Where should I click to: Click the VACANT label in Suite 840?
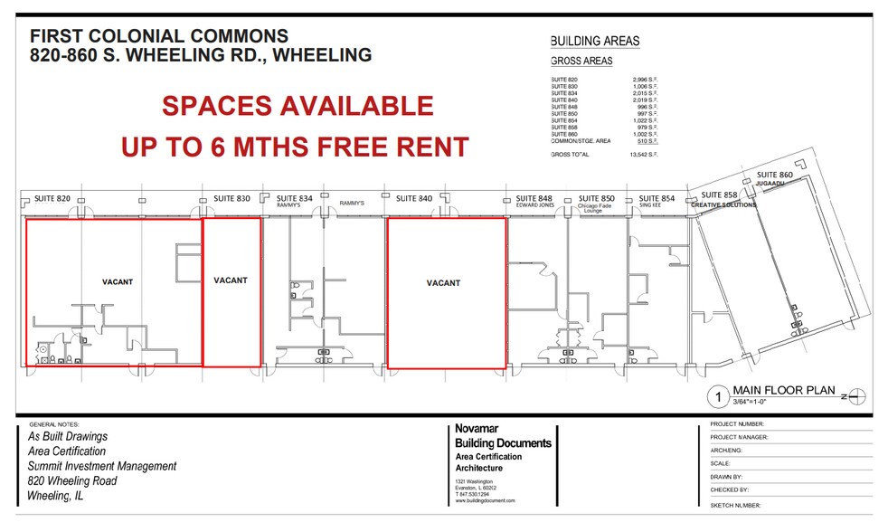[443, 283]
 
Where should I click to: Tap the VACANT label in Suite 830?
[231, 280]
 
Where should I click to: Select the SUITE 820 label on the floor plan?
[52, 198]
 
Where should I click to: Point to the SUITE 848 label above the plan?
[534, 198]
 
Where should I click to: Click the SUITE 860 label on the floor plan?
[774, 175]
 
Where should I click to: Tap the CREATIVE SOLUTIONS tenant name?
[723, 204]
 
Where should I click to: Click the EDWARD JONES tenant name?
[534, 205]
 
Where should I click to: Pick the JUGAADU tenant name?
[770, 183]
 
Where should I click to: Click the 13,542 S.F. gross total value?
[644, 156]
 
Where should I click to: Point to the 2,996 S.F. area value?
[645, 80]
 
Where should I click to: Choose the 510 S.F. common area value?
[647, 141]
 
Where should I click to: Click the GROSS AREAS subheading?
[581, 62]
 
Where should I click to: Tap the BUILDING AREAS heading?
[594, 41]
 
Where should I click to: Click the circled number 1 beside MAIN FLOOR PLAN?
[717, 395]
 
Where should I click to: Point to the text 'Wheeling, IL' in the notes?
[61, 495]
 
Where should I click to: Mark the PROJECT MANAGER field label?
[740, 437]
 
